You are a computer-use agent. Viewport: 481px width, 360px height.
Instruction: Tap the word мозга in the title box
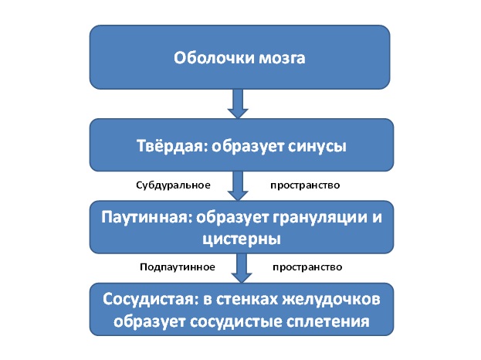283,58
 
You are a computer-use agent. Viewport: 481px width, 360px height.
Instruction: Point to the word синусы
317,147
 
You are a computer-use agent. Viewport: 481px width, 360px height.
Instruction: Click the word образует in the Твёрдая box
247,146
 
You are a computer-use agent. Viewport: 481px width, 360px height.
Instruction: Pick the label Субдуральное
173,185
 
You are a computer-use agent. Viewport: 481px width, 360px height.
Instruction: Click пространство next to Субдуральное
305,185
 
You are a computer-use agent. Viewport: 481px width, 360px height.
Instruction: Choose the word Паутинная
147,217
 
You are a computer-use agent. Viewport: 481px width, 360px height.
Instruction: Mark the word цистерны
242,239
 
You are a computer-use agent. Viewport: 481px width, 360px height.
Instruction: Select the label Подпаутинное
178,267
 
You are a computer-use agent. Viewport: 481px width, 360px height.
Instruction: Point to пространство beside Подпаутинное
307,267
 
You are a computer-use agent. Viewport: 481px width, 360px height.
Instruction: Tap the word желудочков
331,301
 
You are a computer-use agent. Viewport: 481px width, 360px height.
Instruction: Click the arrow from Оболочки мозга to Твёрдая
238,104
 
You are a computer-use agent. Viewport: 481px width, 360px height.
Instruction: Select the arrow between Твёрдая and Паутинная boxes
238,186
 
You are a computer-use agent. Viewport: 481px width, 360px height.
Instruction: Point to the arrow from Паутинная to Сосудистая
242,268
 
